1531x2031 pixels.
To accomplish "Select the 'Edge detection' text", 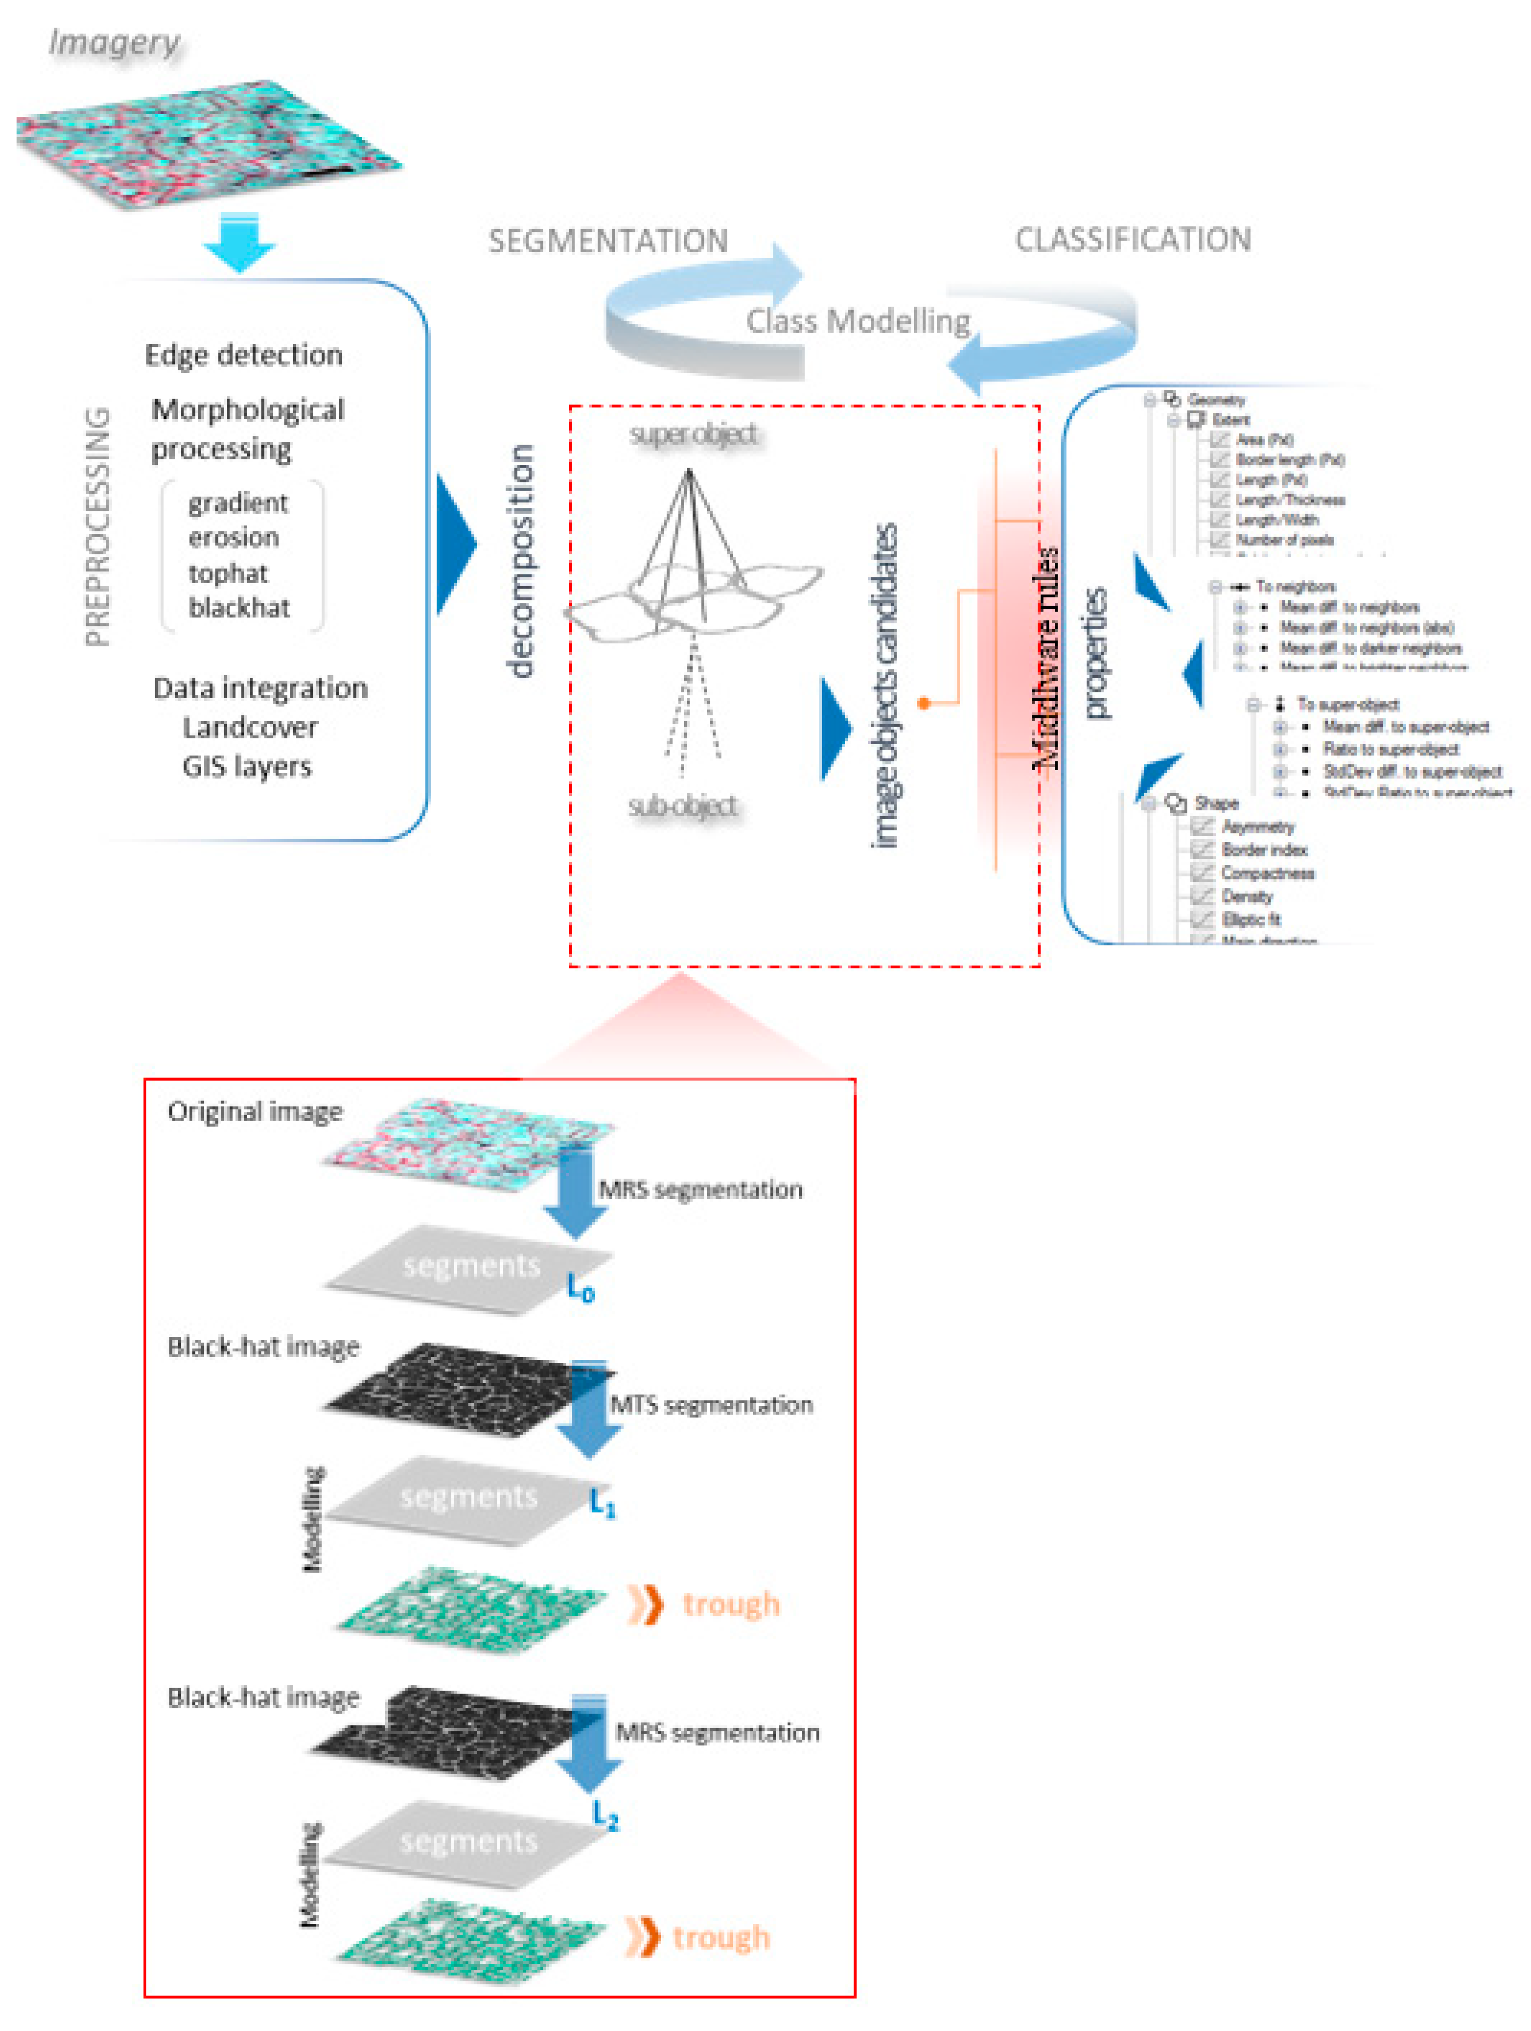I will pyautogui.click(x=243, y=354).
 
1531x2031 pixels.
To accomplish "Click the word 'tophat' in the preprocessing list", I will pyautogui.click(x=228, y=573).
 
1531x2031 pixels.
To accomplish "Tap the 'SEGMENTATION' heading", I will pyautogui.click(x=608, y=241).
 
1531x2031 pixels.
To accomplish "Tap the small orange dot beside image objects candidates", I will pyautogui.click(x=923, y=703).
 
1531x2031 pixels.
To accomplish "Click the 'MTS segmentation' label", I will pyautogui.click(x=711, y=1405).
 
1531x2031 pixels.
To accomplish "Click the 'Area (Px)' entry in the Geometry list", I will pyautogui.click(x=1264, y=440).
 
